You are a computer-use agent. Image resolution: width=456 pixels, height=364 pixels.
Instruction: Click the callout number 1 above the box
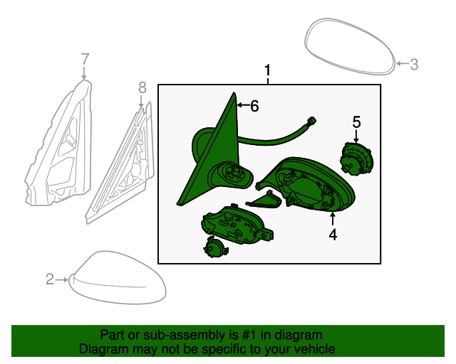(267, 71)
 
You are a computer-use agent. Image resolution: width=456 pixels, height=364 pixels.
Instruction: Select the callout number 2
(50, 279)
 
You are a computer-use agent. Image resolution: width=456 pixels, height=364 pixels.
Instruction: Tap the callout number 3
(414, 64)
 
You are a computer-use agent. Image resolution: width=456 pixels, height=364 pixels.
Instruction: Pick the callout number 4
(333, 234)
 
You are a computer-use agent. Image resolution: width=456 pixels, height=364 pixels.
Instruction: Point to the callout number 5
(356, 122)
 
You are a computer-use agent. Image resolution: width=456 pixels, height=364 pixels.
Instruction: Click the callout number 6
(254, 106)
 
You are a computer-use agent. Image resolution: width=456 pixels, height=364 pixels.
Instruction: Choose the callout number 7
(85, 59)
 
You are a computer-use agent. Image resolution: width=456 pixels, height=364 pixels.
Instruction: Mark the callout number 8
(142, 87)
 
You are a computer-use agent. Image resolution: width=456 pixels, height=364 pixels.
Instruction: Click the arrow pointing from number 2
(62, 279)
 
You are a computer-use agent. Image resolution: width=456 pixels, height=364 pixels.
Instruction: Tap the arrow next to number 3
(403, 63)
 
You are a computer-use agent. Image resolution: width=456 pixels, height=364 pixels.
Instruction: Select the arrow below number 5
(356, 136)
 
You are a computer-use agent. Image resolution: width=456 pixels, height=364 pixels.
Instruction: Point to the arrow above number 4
(333, 219)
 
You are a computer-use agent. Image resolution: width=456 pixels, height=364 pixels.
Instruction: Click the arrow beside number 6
(243, 105)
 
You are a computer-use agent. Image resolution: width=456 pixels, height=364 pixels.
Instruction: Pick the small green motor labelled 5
(356, 159)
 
